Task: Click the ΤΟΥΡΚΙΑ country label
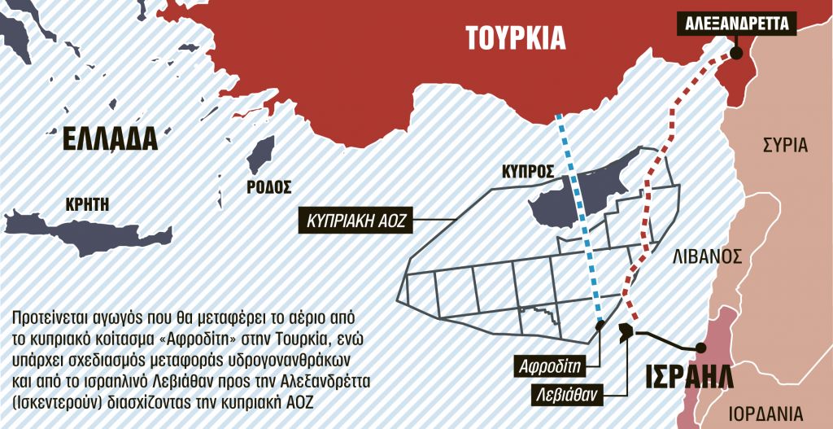(x=515, y=37)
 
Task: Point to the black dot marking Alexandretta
(x=736, y=53)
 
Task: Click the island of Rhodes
(x=259, y=155)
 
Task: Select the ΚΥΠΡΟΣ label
(x=530, y=172)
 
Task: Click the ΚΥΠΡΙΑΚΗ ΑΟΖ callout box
(x=355, y=219)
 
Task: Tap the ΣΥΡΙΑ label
(x=785, y=146)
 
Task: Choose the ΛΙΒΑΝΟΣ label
(x=707, y=257)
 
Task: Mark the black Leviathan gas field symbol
(x=626, y=331)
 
